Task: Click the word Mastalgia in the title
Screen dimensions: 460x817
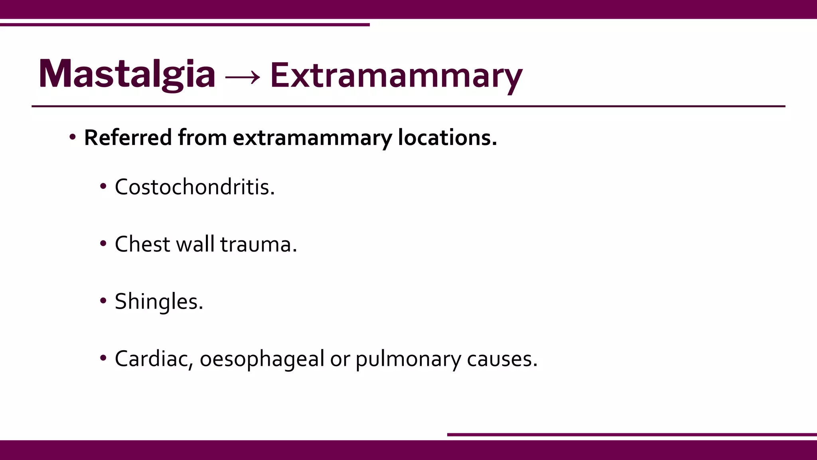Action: coord(127,74)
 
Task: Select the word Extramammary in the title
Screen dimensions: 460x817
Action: coord(396,76)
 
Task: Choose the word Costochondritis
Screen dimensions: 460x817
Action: coord(194,187)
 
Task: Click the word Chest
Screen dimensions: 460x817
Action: coord(142,244)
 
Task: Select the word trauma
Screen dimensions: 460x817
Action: coord(258,244)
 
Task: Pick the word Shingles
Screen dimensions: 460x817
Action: coord(158,301)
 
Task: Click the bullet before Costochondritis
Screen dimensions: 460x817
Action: coord(103,186)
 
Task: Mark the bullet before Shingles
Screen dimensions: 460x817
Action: coord(103,301)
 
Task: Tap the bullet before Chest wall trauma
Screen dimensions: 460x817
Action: coord(103,243)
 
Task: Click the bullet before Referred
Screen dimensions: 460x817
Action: coord(73,137)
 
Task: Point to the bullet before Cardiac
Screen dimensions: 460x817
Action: coord(103,358)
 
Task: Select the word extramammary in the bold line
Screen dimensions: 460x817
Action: coord(312,138)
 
